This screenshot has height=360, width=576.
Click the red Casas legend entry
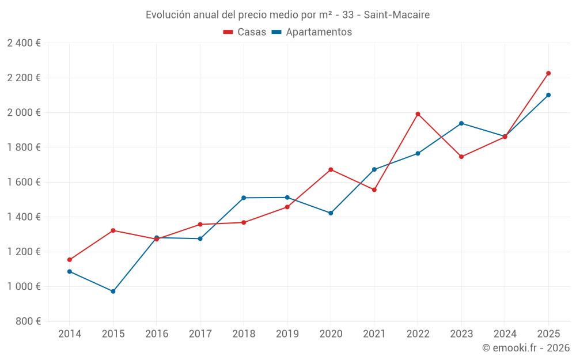click(245, 32)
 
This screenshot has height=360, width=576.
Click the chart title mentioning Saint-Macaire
click(287, 14)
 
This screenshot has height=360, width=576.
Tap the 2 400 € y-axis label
click(24, 43)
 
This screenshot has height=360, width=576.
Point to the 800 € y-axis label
click(28, 321)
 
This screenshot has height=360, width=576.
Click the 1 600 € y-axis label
click(24, 182)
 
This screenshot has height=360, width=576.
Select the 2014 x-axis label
click(70, 334)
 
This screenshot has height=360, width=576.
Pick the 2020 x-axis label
click(331, 334)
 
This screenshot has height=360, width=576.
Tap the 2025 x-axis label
click(548, 334)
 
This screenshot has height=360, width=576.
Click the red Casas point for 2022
click(418, 114)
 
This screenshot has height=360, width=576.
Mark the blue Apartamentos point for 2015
click(113, 291)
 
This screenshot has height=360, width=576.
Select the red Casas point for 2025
click(548, 73)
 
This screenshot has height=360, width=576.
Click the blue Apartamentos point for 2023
click(461, 123)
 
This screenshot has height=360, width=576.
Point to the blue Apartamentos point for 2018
click(244, 198)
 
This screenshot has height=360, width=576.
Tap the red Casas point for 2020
click(331, 169)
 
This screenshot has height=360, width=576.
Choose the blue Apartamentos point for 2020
click(331, 213)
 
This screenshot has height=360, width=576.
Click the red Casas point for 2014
click(70, 260)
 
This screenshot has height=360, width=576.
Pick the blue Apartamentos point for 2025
click(548, 95)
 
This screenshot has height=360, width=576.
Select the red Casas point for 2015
click(113, 230)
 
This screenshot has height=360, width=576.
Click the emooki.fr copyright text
click(526, 348)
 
